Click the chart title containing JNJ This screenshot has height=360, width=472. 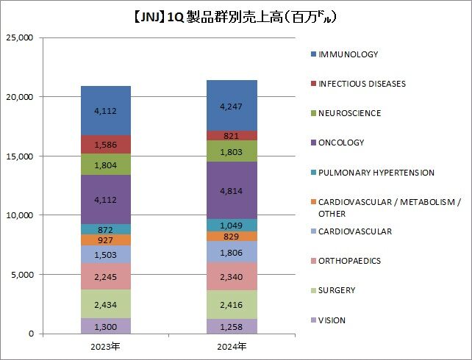(x=235, y=15)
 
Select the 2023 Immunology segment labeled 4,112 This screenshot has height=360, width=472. (x=106, y=111)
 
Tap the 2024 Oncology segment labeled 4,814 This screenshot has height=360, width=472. (x=232, y=190)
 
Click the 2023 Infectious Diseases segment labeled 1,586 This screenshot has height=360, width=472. (x=106, y=145)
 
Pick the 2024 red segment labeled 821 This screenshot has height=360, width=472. (x=232, y=136)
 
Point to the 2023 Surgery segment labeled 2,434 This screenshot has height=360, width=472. (x=106, y=303)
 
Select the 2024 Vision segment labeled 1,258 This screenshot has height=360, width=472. (x=232, y=326)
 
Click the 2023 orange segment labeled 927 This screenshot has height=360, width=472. (x=106, y=240)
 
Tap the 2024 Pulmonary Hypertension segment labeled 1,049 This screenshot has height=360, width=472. (x=232, y=225)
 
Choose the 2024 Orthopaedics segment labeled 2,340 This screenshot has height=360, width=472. (x=232, y=276)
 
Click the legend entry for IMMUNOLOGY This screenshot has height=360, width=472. (x=348, y=54)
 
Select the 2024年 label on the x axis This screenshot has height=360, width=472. (x=232, y=345)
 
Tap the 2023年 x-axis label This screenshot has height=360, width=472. (x=106, y=345)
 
